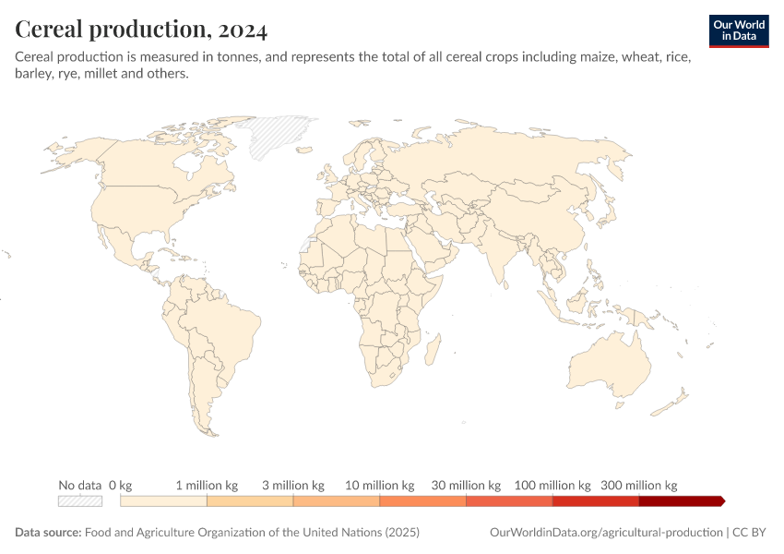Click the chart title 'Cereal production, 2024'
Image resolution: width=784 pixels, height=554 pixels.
pos(141,30)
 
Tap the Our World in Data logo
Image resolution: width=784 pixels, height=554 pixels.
pos(738,30)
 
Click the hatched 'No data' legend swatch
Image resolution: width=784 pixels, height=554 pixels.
pos(79,500)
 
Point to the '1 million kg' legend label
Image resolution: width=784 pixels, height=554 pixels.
pos(207,485)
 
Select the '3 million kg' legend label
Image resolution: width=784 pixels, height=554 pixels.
pos(293,485)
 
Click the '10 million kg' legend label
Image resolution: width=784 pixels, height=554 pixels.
pos(379,485)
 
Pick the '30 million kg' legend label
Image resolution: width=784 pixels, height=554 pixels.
pos(466,485)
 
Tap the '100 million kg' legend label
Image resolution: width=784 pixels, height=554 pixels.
pos(552,485)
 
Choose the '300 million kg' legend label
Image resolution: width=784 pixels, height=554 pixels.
pos(639,485)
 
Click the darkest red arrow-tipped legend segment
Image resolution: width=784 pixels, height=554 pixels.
pos(681,500)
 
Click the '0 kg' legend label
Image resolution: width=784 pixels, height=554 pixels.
pos(121,485)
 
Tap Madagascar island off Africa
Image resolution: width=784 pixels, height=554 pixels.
pos(430,352)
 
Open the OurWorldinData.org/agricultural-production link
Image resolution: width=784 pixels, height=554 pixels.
pos(607,533)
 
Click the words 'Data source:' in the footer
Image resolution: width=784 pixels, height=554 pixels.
pos(48,533)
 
